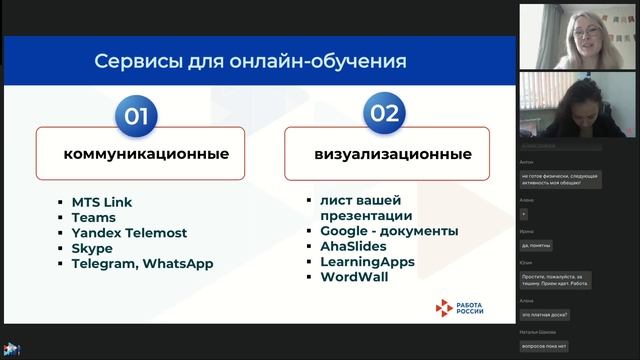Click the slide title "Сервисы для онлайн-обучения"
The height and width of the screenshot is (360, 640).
pos(250,61)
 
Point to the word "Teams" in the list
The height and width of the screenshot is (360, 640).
pos(93,217)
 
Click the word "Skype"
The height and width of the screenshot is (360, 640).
pos(92,248)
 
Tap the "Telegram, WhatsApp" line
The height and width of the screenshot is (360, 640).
pos(142,264)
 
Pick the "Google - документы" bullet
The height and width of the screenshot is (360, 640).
pos(390,231)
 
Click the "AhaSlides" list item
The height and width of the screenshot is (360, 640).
pos(355,247)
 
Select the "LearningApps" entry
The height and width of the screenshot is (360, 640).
pos(367,262)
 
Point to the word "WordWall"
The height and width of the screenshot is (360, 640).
pos(354,277)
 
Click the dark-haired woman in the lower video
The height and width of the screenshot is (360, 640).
pos(575,109)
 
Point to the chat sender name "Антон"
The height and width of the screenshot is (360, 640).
pos(527,162)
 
